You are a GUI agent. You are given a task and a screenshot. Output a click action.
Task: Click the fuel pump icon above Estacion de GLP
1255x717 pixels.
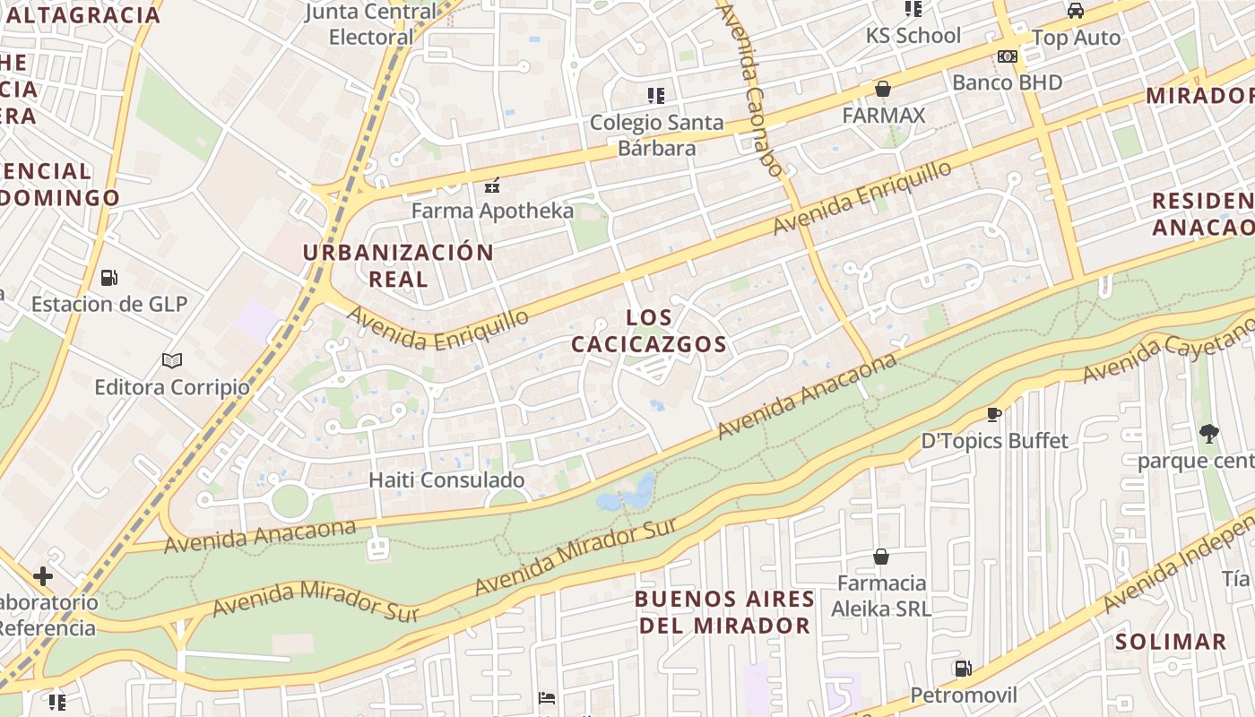pyautogui.click(x=108, y=277)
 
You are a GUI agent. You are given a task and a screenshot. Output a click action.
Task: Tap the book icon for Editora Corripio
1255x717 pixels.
pyautogui.click(x=172, y=360)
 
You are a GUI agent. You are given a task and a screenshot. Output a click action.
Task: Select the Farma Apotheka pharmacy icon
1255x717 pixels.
pyautogui.click(x=491, y=186)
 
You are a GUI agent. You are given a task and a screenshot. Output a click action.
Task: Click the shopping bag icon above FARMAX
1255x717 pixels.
pyautogui.click(x=883, y=89)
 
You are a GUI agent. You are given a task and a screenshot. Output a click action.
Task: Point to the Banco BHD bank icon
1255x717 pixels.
pyautogui.click(x=1007, y=56)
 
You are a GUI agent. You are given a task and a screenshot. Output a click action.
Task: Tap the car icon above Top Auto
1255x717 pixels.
pyautogui.click(x=1076, y=11)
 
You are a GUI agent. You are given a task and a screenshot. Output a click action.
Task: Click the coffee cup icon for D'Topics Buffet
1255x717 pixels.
pyautogui.click(x=993, y=413)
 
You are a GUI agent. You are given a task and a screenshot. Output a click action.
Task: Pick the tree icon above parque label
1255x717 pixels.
pyautogui.click(x=1208, y=435)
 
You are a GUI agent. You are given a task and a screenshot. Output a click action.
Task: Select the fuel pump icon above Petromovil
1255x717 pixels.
pyautogui.click(x=963, y=668)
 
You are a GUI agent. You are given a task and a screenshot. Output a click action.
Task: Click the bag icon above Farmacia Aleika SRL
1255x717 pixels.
pyautogui.click(x=882, y=557)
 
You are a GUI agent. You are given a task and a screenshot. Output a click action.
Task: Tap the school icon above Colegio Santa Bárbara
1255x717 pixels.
pyautogui.click(x=656, y=95)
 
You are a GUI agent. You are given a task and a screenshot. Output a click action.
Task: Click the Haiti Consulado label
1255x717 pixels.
pyautogui.click(x=446, y=479)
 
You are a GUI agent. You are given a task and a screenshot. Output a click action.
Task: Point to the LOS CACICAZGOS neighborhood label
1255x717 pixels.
pyautogui.click(x=649, y=331)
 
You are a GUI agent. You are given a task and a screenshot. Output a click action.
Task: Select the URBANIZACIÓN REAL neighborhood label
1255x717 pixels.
pyautogui.click(x=398, y=264)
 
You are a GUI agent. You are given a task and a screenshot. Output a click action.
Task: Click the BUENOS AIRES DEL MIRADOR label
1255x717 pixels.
pyautogui.click(x=725, y=612)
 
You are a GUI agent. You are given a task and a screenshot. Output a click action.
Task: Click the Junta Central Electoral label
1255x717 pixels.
pyautogui.click(x=371, y=24)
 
